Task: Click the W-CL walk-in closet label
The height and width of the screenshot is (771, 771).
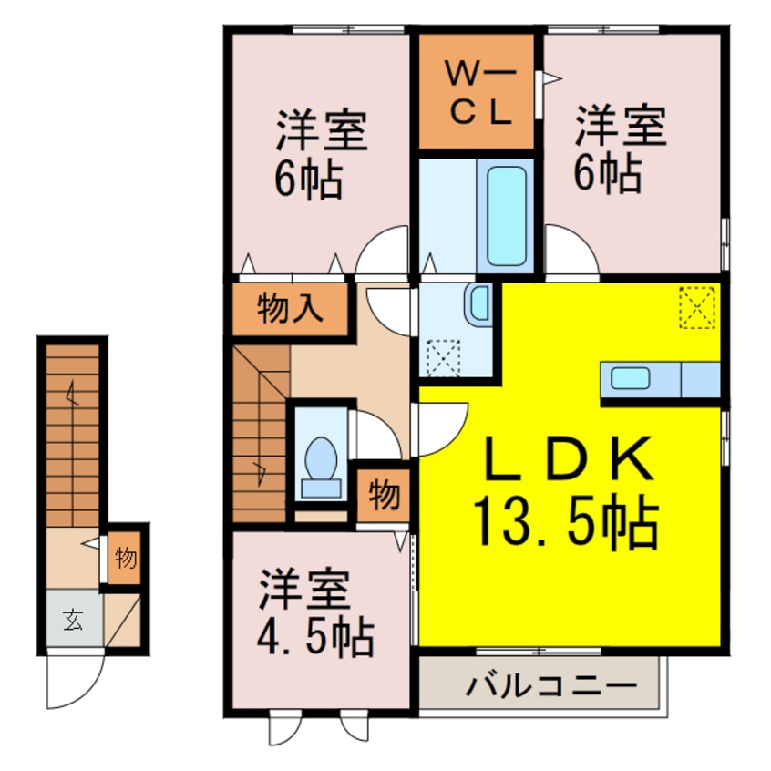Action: pos(475,91)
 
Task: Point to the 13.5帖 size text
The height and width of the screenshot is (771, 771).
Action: pos(565,522)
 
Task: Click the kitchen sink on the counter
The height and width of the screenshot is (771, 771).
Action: pos(630,378)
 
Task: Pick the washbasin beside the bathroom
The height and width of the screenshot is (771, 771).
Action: pos(478,303)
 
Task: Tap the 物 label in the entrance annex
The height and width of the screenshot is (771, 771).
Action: pos(126,557)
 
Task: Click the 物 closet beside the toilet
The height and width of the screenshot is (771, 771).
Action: pos(384,497)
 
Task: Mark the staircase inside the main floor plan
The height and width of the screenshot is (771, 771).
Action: pos(260,433)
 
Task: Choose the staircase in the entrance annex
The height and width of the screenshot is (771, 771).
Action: pos(71,433)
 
